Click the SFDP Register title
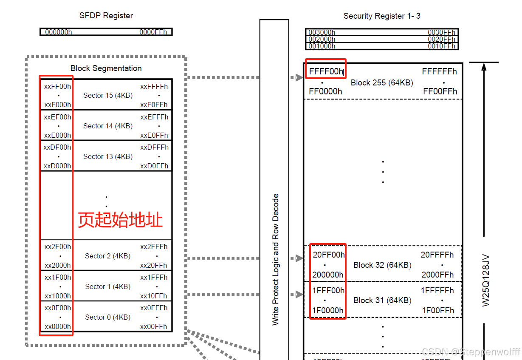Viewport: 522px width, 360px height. pos(106,16)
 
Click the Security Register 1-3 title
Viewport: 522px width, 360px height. pos(382,16)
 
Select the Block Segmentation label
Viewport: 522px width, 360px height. pos(106,68)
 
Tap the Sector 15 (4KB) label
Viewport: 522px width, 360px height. pos(108,95)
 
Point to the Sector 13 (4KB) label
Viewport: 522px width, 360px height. pos(108,156)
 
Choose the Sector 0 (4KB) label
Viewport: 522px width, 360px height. pos(108,317)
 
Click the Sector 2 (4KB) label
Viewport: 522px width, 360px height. pos(108,256)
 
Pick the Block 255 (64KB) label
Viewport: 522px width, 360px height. pos(382,83)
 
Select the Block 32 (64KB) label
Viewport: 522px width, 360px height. pos(382,265)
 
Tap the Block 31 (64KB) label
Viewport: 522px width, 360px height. pos(382,300)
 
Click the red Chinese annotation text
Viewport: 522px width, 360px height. pos(120,220)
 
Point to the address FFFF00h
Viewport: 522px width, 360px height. pos(326,71)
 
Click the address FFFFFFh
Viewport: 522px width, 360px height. pos(439,71)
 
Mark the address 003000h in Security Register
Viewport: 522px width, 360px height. pos(322,33)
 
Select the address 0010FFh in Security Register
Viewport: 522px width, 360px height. pos(441,46)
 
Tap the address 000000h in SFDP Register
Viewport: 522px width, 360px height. pos(58,32)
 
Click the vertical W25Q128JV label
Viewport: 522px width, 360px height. pos(486,281)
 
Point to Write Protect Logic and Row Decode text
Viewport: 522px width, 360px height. pos(276,259)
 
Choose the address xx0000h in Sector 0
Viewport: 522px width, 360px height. pos(57,326)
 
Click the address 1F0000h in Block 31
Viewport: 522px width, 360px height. pos(328,310)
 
